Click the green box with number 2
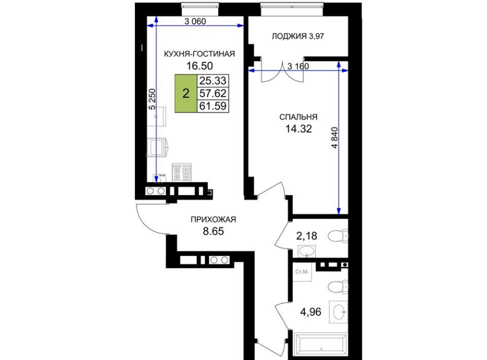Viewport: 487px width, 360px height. tap(186, 93)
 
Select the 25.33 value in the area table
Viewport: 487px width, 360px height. tap(213, 81)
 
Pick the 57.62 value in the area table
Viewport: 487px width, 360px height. tap(213, 93)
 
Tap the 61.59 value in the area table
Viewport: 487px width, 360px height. tap(213, 106)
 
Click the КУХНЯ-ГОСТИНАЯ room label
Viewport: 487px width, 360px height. tap(199, 54)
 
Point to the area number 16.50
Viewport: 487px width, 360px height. tap(199, 66)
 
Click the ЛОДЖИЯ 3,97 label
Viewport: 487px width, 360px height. tap(298, 37)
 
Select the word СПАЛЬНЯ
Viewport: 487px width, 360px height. tap(298, 117)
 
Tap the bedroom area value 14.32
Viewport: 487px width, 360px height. tap(298, 128)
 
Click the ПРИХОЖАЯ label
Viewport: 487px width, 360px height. tap(213, 220)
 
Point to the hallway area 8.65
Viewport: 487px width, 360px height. tap(214, 231)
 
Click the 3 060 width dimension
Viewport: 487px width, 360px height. tap(195, 21)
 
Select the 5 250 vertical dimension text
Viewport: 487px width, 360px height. tap(152, 99)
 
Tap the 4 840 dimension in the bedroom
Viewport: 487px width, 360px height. tap(334, 137)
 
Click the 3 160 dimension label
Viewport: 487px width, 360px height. tap(298, 66)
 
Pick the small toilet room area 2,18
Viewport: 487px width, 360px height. tap(306, 236)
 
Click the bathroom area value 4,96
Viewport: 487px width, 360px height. tap(310, 312)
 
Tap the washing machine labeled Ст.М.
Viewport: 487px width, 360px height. tap(302, 272)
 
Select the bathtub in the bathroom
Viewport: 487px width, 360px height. tap(321, 344)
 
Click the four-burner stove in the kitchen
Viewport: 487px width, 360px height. tap(182, 172)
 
